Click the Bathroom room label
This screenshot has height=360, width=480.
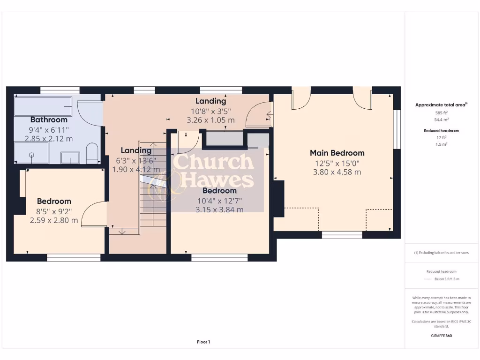coord(49,120)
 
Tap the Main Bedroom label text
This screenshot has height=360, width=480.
coord(337,153)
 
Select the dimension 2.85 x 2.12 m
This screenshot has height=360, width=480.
coord(49,138)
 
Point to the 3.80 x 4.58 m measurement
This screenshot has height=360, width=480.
coord(337,172)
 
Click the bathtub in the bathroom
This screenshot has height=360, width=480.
coord(43,106)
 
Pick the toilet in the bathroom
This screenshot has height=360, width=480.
coord(91,154)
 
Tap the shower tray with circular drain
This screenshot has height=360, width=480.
coord(31,153)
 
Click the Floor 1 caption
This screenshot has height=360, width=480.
coord(203,342)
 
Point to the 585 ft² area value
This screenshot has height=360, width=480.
coord(441,113)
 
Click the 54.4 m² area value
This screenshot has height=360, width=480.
coord(441,120)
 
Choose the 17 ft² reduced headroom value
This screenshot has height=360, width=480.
coord(441,137)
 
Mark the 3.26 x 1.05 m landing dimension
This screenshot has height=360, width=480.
coord(210,120)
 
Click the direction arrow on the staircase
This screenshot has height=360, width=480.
coord(123,230)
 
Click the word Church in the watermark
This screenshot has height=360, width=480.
coord(213,162)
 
